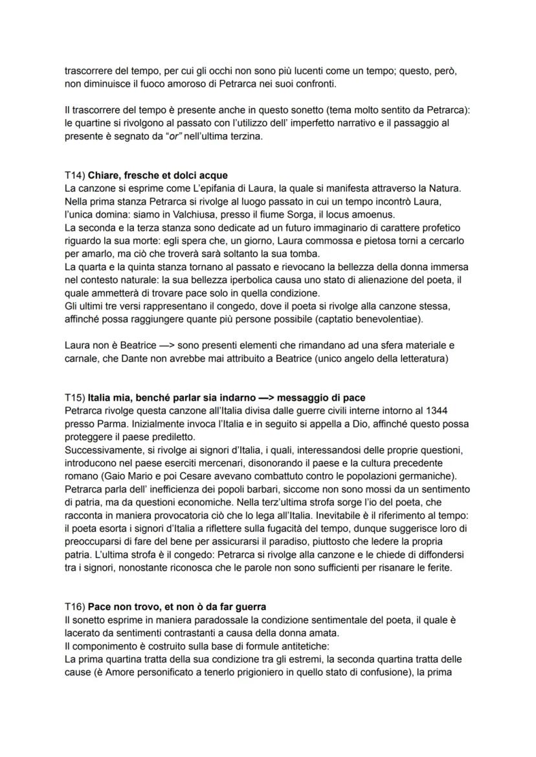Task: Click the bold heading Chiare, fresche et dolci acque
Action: (157, 175)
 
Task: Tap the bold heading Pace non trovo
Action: (177, 607)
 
